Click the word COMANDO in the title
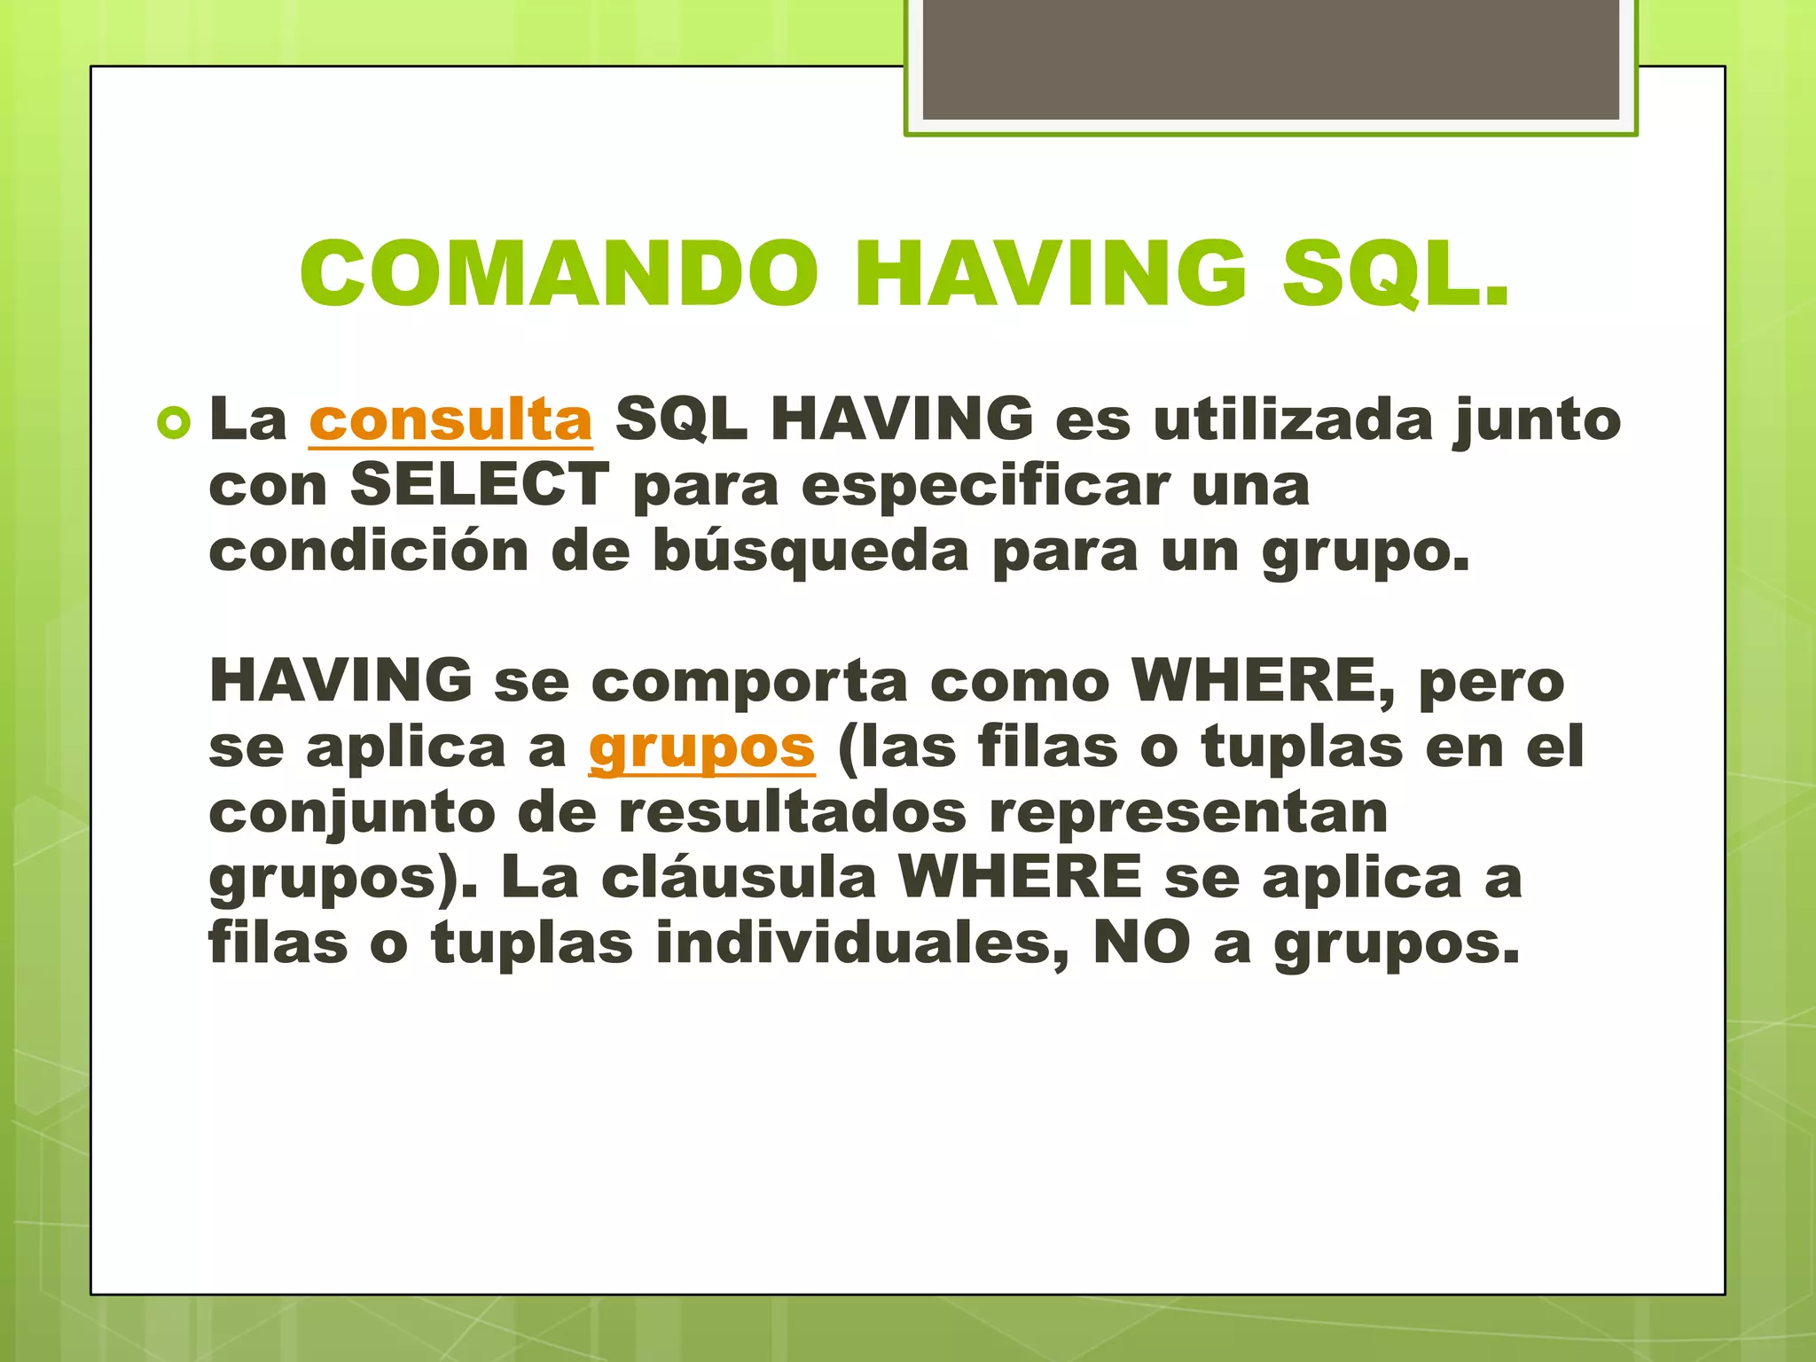click(x=559, y=274)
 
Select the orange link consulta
click(x=450, y=419)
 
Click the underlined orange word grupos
click(x=701, y=748)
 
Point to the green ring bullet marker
click(x=174, y=424)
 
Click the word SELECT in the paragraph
click(x=479, y=485)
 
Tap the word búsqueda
click(x=810, y=551)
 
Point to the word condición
click(x=369, y=551)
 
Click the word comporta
click(x=749, y=682)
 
